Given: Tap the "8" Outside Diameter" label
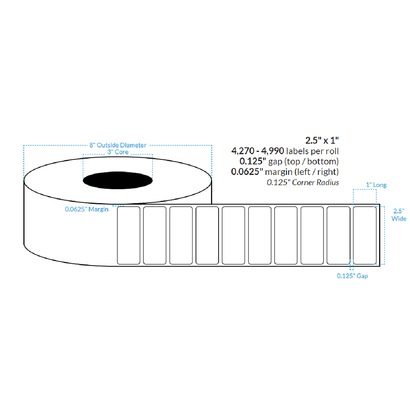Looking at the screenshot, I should (118, 145).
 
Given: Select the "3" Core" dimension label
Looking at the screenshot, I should (117, 152).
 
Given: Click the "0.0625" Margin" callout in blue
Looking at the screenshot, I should (86, 209).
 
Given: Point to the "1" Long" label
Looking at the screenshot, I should (376, 185).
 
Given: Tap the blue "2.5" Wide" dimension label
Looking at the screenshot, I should (399, 215).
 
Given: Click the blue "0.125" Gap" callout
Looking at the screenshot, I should (352, 276).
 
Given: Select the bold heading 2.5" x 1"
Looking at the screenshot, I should (322, 141).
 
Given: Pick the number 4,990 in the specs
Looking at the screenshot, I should (273, 151).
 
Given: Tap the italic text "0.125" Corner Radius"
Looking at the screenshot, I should (303, 183).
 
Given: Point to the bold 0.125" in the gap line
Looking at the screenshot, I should (251, 162).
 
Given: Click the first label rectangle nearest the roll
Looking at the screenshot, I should (129, 235).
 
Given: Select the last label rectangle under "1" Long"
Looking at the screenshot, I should (364, 235).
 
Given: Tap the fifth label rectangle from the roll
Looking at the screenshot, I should (233, 235).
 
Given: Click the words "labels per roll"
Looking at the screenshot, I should (313, 151).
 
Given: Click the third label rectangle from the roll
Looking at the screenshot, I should (181, 235).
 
